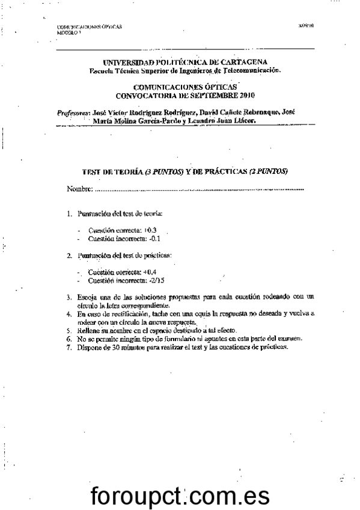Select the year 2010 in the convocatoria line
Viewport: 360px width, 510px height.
pos(247,95)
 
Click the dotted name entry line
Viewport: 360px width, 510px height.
pos(198,191)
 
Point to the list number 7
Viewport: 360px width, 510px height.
pos(69,347)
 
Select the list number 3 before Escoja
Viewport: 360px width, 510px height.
pos(69,297)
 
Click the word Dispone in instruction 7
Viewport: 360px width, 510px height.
pos(88,347)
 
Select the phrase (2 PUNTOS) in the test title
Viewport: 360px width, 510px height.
pos(267,171)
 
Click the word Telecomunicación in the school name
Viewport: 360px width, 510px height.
pos(252,70)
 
